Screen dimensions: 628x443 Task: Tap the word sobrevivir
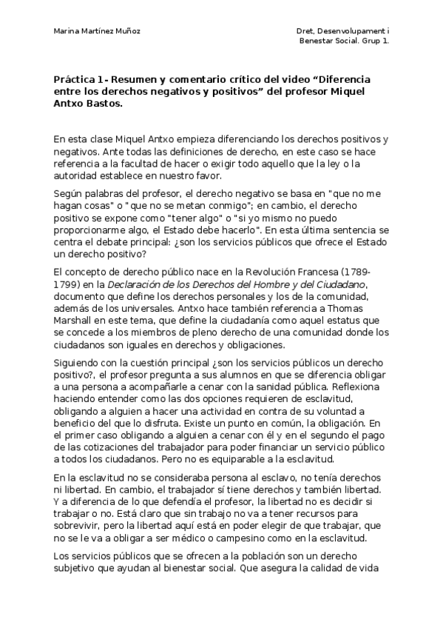tap(80, 524)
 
